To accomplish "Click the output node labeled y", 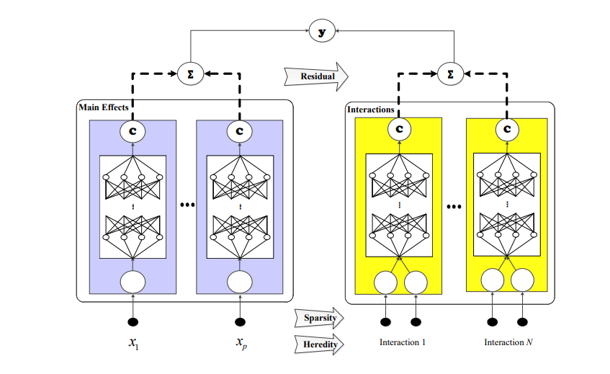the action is (322, 31).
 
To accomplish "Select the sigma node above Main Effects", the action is (191, 74).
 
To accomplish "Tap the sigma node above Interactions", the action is (451, 74).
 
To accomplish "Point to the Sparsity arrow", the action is (319, 318).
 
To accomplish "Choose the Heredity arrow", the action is (319, 344).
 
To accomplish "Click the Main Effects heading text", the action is (104, 107).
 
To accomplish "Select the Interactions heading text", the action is (371, 110).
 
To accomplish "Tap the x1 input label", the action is (133, 343).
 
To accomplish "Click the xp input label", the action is (241, 343).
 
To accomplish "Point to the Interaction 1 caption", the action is (403, 342).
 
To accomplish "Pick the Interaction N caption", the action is (508, 342).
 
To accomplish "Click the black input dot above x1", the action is (133, 322).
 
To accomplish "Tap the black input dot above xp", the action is (240, 322).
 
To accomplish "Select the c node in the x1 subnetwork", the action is (133, 131).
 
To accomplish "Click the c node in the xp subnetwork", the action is (240, 131).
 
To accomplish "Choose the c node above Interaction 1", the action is (400, 129).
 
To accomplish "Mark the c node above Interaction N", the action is (507, 129).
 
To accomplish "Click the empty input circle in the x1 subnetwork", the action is (133, 282).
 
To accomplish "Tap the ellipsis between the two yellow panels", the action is (454, 207).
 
